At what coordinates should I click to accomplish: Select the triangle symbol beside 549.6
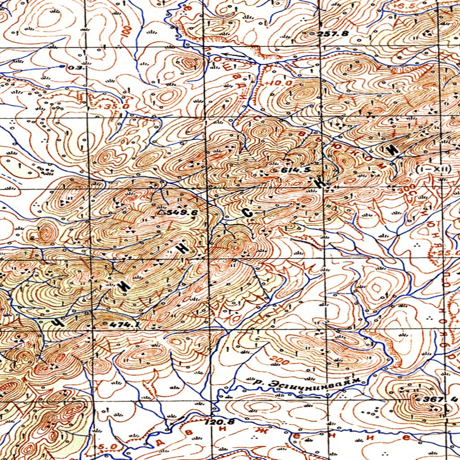(161, 212)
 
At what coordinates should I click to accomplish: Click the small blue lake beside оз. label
(62, 66)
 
